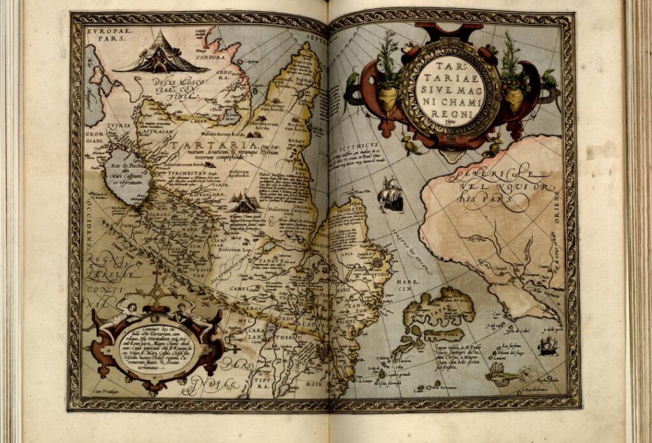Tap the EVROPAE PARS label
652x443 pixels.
click(x=106, y=34)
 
